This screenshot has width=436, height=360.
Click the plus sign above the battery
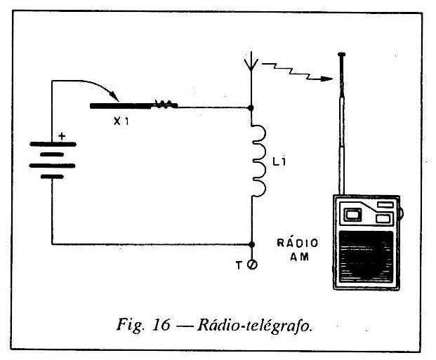click(62, 137)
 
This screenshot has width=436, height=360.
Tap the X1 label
click(121, 121)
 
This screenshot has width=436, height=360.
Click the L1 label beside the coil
click(279, 161)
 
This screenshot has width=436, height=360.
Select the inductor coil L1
click(259, 161)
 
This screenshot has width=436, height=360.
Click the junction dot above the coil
click(251, 108)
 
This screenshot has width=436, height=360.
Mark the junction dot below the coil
click(251, 245)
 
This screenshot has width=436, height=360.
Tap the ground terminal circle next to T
click(253, 265)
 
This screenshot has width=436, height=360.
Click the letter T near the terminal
click(239, 265)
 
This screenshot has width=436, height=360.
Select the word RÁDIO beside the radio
click(297, 243)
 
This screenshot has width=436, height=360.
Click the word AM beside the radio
click(299, 257)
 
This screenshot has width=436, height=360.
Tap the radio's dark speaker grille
click(366, 256)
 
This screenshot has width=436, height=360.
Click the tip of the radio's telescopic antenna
click(342, 54)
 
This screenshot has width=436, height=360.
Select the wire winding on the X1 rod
click(164, 105)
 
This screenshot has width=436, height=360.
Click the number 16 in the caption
click(161, 324)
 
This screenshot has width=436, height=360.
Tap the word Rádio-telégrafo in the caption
click(254, 325)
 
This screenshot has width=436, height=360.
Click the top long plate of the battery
click(53, 145)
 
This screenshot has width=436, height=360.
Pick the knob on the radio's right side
click(402, 213)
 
